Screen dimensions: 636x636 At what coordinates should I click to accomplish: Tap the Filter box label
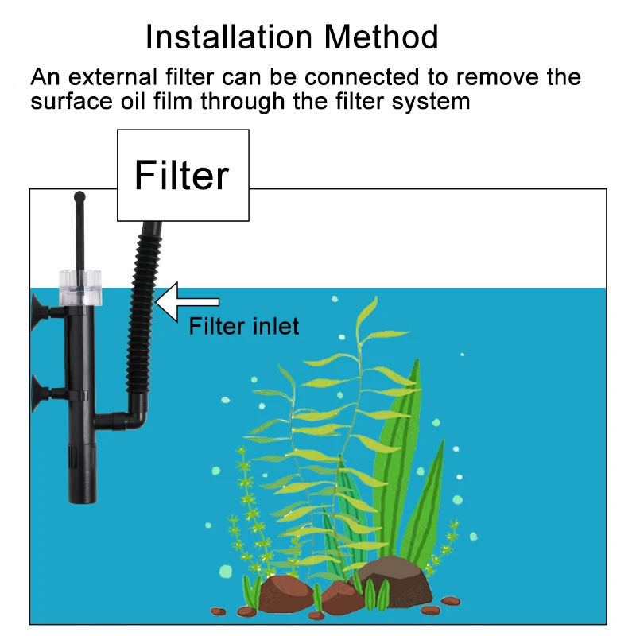pyautogui.click(x=182, y=175)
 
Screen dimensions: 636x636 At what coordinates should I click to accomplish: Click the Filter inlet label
pyautogui.click(x=243, y=326)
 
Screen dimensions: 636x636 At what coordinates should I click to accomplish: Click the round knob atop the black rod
pyautogui.click(x=78, y=196)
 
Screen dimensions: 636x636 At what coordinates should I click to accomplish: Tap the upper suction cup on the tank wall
pyautogui.click(x=40, y=306)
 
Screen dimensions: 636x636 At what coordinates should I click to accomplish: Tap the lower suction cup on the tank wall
pyautogui.click(x=40, y=390)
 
